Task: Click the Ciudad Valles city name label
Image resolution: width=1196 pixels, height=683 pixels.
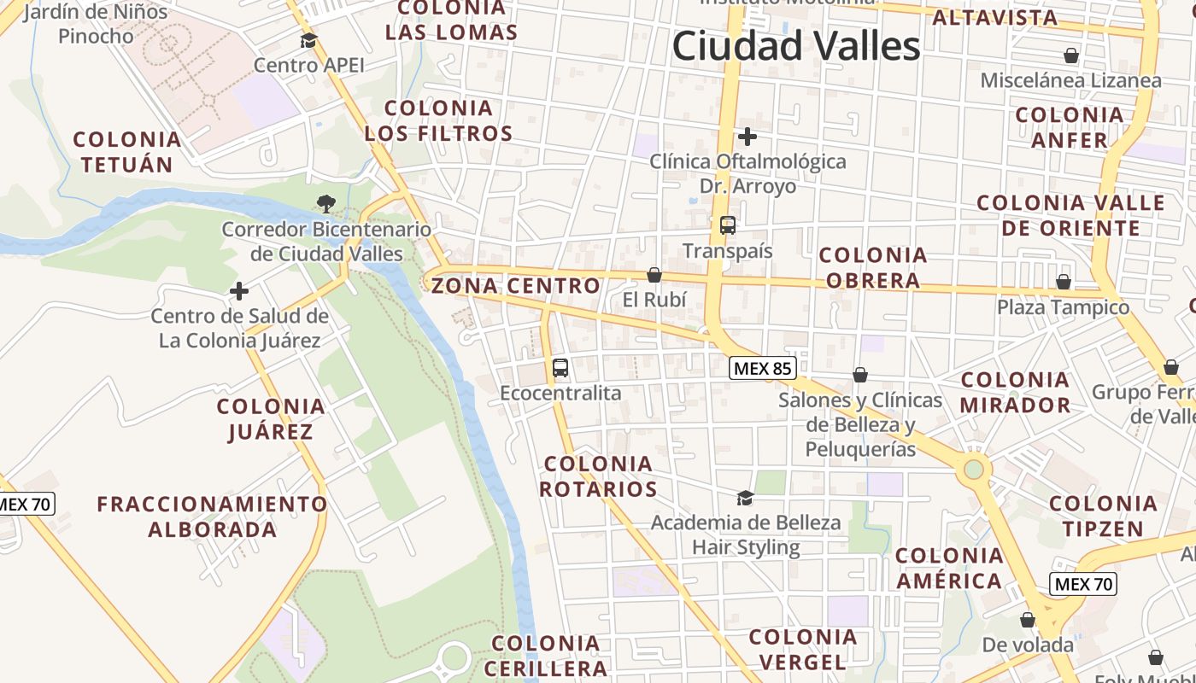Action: pyautogui.click(x=796, y=46)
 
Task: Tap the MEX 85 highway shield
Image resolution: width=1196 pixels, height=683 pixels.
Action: pyautogui.click(x=763, y=369)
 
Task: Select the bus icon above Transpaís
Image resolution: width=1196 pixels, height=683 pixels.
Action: pyautogui.click(x=728, y=225)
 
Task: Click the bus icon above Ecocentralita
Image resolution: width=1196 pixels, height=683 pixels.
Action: pyautogui.click(x=560, y=368)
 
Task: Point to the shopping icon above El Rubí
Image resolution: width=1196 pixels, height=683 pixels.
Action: pyautogui.click(x=654, y=275)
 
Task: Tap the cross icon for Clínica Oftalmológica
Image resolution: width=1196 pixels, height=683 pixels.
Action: pyautogui.click(x=747, y=136)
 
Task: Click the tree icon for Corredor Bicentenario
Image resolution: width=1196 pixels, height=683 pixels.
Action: pyautogui.click(x=325, y=203)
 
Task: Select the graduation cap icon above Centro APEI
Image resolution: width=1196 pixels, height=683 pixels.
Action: pyautogui.click(x=308, y=40)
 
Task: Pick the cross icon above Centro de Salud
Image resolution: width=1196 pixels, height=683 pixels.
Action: pyautogui.click(x=239, y=291)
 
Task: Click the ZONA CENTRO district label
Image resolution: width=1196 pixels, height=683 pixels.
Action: pyautogui.click(x=516, y=286)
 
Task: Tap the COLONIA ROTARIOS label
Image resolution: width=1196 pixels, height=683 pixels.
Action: pyautogui.click(x=599, y=476)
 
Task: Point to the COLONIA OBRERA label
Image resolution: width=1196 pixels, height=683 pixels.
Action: pyautogui.click(x=873, y=267)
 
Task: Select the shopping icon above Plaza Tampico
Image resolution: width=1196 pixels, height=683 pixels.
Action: pyautogui.click(x=1064, y=282)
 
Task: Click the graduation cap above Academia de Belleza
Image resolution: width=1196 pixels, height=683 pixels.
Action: pyautogui.click(x=746, y=498)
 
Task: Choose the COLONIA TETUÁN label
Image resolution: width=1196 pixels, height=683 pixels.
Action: pyautogui.click(x=127, y=152)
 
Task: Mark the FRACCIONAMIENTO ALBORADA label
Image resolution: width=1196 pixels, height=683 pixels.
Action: pyautogui.click(x=212, y=516)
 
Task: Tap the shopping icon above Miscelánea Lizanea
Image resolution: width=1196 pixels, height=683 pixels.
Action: pyautogui.click(x=1071, y=56)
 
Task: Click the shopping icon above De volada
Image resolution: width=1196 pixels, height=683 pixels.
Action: pyautogui.click(x=1028, y=620)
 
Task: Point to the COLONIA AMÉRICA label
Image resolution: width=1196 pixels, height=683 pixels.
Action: pyautogui.click(x=949, y=568)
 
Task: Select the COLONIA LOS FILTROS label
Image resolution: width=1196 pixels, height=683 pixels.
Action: pyautogui.click(x=439, y=120)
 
